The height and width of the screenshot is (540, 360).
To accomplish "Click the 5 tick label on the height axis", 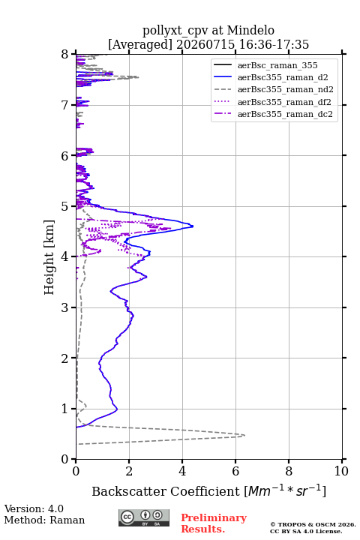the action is [x=65, y=206].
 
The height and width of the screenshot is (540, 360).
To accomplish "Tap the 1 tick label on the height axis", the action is [x=65, y=409].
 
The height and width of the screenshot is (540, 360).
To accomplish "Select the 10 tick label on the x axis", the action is [x=341, y=471].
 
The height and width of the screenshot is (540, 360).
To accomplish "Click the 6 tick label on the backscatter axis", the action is [x=235, y=471].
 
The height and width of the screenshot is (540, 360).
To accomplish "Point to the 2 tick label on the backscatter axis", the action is [x=129, y=471].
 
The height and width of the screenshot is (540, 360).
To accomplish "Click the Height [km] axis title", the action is [x=49, y=257].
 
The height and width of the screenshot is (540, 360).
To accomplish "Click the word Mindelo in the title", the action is [x=250, y=30].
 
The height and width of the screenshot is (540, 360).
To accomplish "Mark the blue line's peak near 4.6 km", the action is [x=193, y=226].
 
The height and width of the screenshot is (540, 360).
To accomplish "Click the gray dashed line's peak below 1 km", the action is [x=244, y=435].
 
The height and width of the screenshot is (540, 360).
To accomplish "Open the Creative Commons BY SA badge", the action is [x=144, y=517].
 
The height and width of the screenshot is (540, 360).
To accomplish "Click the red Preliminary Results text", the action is [x=214, y=523].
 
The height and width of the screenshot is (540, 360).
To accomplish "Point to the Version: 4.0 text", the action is [x=34, y=508].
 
